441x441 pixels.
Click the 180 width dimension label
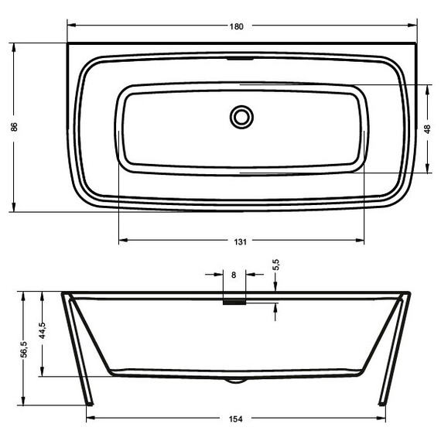[x=237, y=26]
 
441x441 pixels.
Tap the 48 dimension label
[x=427, y=128]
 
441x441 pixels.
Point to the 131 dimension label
[x=240, y=242]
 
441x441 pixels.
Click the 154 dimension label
[x=237, y=419]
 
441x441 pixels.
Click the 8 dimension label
[x=234, y=274]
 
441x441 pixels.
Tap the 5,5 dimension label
[x=276, y=265]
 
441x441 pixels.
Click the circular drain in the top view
[x=241, y=117]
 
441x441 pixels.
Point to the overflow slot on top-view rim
[x=241, y=58]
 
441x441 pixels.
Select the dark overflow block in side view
[x=234, y=303]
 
